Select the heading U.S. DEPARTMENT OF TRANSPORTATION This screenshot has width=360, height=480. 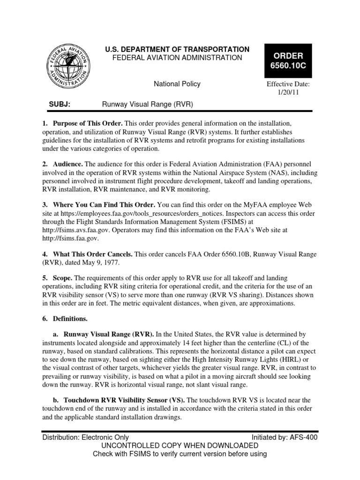(x=177, y=49)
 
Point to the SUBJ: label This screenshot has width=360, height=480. (x=60, y=104)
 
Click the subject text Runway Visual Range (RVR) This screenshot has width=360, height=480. (x=148, y=104)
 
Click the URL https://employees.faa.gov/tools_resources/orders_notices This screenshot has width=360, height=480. (x=136, y=213)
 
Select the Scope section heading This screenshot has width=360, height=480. (x=66, y=278)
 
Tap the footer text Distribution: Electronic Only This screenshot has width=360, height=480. (x=86, y=437)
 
